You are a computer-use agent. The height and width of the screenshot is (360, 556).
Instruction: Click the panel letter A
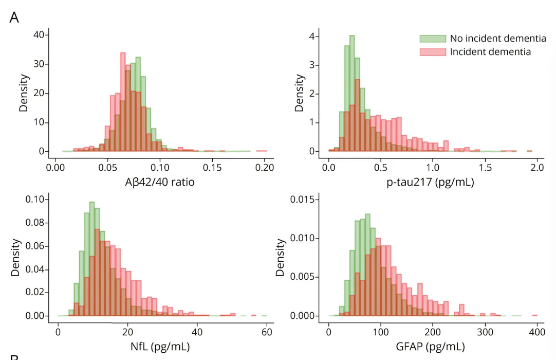14,17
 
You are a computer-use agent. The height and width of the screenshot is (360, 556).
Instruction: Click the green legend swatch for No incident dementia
433,39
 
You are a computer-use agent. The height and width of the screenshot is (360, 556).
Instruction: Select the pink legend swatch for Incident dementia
433,52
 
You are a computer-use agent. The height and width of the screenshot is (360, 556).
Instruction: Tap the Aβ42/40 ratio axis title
160,182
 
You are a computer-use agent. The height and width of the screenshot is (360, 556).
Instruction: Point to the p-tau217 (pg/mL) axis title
430,182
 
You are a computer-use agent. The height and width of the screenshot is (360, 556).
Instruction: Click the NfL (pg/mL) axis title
160,347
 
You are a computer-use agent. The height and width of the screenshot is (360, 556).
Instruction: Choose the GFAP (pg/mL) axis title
430,347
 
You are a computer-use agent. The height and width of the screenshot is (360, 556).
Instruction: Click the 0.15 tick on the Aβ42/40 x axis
212,167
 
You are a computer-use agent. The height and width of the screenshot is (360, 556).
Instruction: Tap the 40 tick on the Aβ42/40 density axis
39,35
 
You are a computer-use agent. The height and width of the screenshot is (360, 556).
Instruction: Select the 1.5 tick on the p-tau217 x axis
485,167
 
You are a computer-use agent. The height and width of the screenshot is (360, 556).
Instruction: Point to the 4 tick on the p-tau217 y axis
312,36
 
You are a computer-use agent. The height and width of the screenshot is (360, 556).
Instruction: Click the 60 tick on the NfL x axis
267,332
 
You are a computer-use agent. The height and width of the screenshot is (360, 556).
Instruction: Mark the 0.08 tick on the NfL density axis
35,223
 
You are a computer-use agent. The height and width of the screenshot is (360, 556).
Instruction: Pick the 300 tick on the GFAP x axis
485,332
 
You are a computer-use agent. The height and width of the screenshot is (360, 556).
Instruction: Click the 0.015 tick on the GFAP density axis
303,200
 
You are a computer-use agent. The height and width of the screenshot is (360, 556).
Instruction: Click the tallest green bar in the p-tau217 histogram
352,94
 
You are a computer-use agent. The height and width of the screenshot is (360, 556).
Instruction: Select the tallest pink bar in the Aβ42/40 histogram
123,102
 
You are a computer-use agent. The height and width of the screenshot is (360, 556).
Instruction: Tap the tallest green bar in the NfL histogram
92,259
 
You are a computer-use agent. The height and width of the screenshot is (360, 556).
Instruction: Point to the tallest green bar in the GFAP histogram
367,265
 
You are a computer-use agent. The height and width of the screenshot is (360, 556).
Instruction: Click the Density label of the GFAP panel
281,258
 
